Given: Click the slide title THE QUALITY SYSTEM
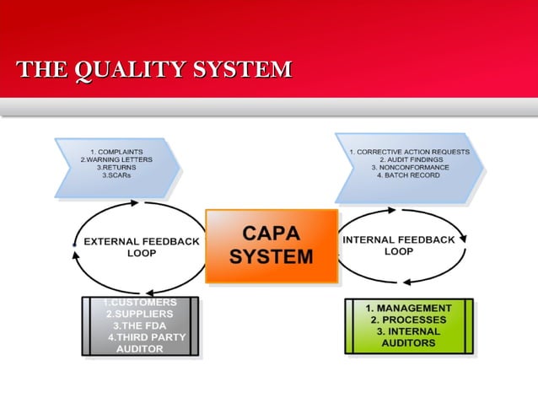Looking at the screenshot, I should [x=154, y=70].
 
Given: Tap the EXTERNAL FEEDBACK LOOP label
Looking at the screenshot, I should [x=141, y=246].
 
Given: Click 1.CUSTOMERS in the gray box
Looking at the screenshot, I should [x=140, y=303].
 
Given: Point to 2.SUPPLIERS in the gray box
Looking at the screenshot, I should [x=140, y=314].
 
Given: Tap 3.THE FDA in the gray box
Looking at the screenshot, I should [x=140, y=325].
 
